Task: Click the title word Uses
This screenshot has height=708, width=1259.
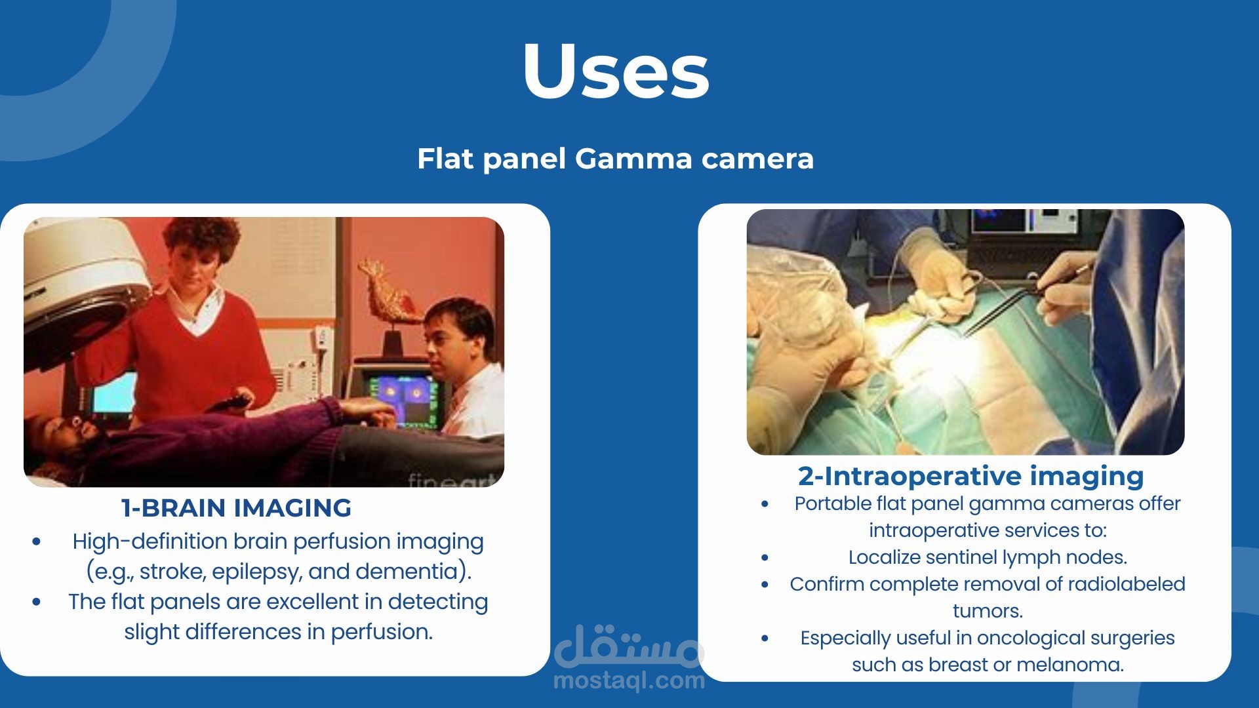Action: click(x=616, y=71)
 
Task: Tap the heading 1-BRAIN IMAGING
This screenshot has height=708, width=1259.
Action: click(x=236, y=508)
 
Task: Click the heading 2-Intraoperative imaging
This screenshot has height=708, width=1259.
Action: click(x=970, y=476)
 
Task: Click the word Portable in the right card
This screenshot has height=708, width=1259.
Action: click(x=832, y=503)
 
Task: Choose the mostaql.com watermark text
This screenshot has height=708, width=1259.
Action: click(x=629, y=681)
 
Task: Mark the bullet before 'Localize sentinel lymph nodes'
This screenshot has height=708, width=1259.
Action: click(x=765, y=558)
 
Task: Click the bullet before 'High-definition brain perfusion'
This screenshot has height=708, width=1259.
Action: click(x=36, y=542)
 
